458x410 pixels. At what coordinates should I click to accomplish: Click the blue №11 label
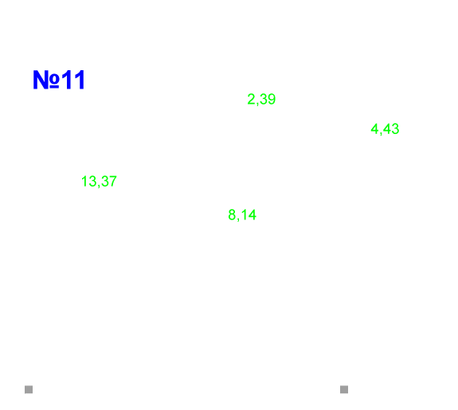pyautogui.click(x=59, y=79)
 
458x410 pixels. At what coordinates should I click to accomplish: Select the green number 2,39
pyautogui.click(x=261, y=100)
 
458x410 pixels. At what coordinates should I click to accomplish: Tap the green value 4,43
pyautogui.click(x=385, y=129)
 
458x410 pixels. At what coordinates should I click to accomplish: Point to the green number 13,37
pyautogui.click(x=99, y=181)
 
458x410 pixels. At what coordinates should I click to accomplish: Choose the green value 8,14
pyautogui.click(x=242, y=215)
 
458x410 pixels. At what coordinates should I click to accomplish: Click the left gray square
pyautogui.click(x=29, y=389)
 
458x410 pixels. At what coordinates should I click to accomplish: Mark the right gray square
pyautogui.click(x=344, y=389)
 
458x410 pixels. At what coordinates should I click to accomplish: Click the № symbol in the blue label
pyautogui.click(x=46, y=80)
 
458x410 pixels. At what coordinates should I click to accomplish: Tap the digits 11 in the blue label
pyautogui.click(x=73, y=79)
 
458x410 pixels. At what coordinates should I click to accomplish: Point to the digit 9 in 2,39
pyautogui.click(x=272, y=99)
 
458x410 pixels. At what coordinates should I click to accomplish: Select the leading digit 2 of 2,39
pyautogui.click(x=251, y=99)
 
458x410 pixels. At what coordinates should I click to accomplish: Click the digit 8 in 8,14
pyautogui.click(x=232, y=215)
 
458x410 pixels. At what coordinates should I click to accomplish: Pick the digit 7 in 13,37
pyautogui.click(x=113, y=181)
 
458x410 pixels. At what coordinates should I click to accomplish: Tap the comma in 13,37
pyautogui.click(x=99, y=185)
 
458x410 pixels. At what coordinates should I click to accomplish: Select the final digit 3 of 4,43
pyautogui.click(x=396, y=129)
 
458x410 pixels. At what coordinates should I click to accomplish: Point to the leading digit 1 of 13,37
pyautogui.click(x=85, y=181)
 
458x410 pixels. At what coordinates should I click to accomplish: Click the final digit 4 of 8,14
pyautogui.click(x=252, y=215)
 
